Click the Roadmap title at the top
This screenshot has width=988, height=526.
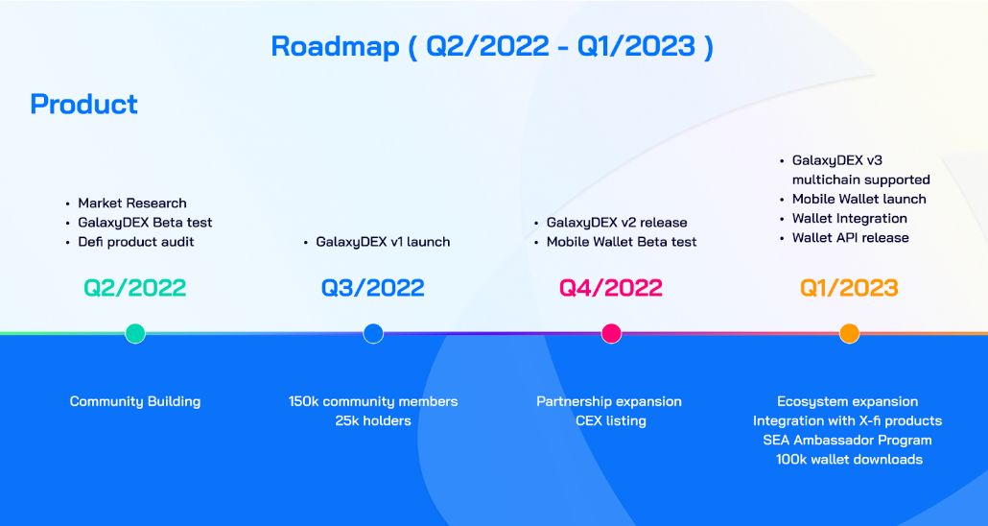coord(492,46)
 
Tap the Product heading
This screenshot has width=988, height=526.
coord(84,104)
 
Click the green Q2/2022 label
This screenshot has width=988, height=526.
coord(135,287)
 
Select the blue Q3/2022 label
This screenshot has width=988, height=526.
coord(373,287)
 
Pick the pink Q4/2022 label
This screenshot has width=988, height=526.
coord(611,287)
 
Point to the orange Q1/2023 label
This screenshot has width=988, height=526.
coord(849,287)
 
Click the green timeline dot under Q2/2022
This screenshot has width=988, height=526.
coord(135,333)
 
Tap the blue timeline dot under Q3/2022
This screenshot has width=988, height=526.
coord(373,333)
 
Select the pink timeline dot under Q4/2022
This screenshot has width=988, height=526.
coord(611,333)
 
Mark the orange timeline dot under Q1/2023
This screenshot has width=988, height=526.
coord(849,333)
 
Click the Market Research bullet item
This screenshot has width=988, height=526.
coord(132,203)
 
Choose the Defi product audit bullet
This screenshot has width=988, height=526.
coord(136,242)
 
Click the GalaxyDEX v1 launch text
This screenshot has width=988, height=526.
coord(383,242)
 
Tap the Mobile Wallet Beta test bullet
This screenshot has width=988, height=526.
coord(622,242)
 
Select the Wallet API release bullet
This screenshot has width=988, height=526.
coord(850,238)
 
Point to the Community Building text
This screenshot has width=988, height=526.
coord(135,401)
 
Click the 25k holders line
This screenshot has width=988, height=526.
coord(373,420)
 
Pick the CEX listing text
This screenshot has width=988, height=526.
coord(611,420)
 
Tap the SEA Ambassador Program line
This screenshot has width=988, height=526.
coord(848,440)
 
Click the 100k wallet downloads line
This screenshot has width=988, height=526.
coord(849,459)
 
